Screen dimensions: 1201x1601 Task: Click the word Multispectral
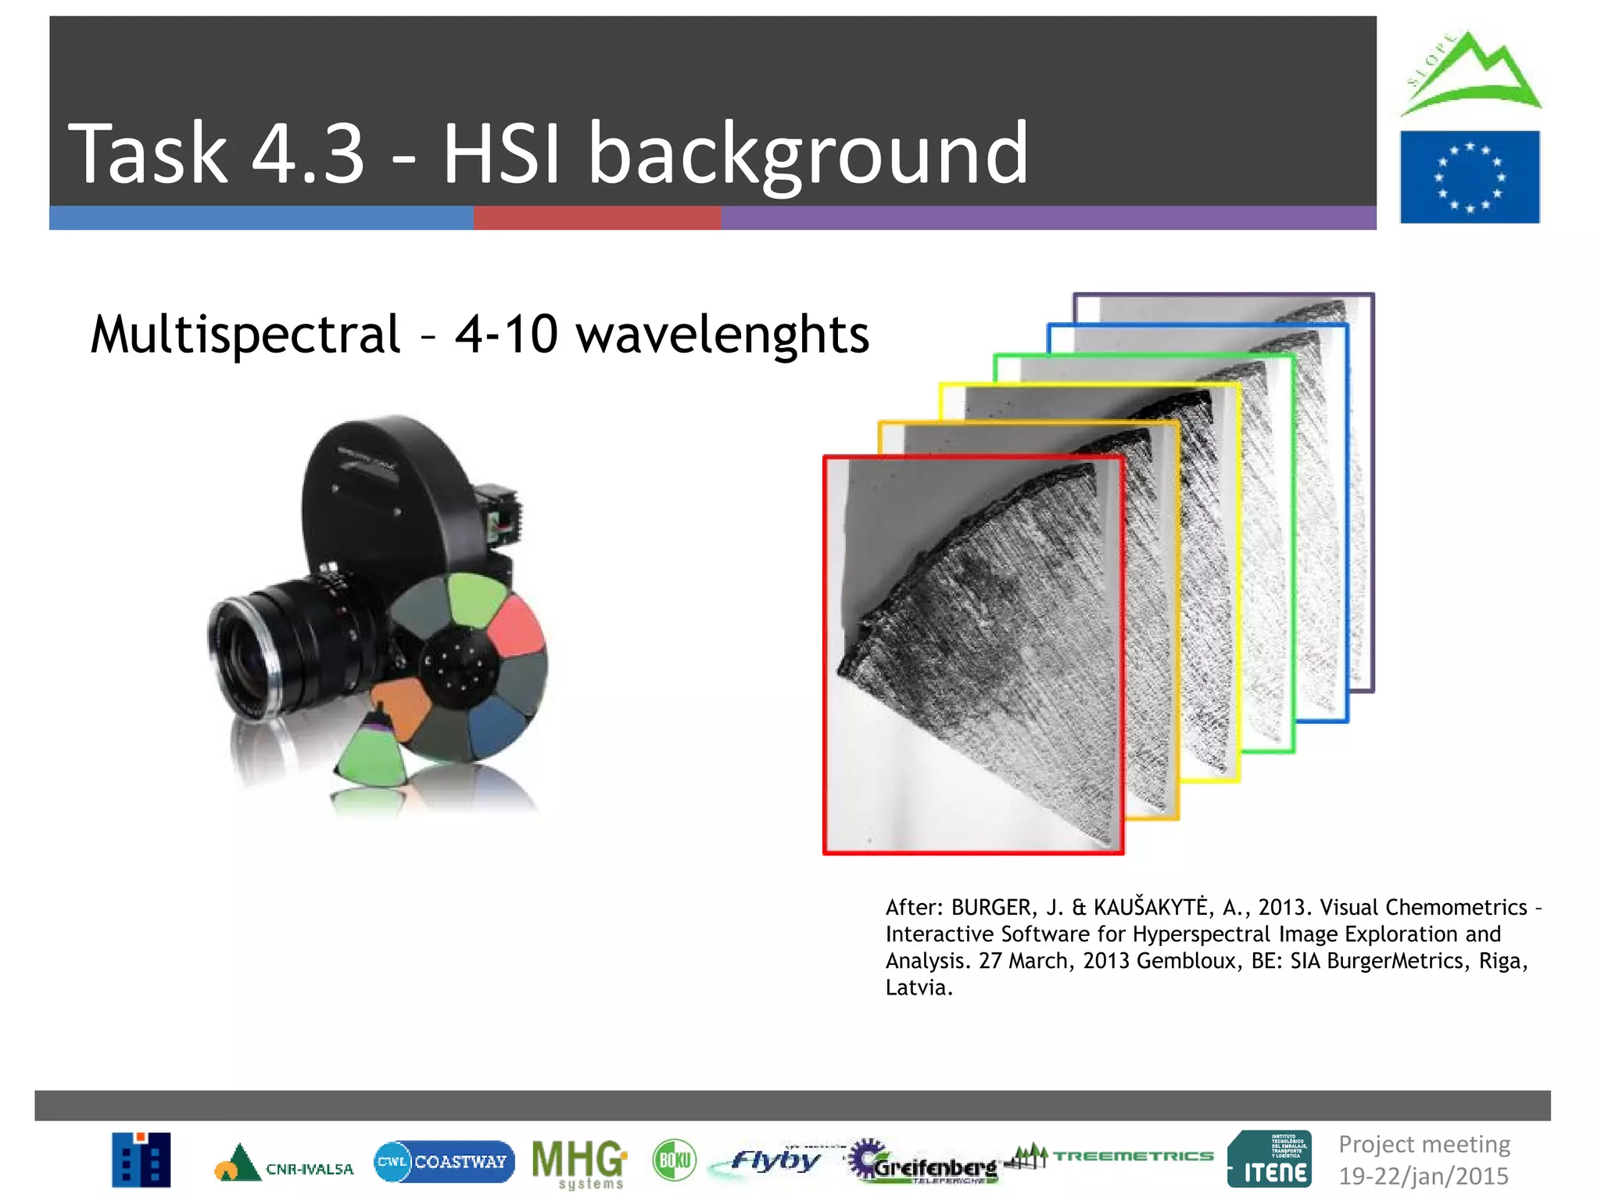point(245,335)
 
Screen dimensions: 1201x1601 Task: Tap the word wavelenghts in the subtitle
point(722,335)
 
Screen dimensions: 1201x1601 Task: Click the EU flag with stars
point(1469,177)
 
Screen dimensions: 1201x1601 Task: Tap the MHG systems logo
point(578,1162)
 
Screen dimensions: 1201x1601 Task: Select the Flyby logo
point(774,1160)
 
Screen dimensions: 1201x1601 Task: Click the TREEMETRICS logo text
point(1133,1156)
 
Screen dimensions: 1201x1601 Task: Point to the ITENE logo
point(1270,1160)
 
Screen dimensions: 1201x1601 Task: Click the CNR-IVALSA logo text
point(310,1169)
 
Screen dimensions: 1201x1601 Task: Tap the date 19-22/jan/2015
point(1423,1176)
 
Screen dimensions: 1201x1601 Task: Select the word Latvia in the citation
point(918,988)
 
